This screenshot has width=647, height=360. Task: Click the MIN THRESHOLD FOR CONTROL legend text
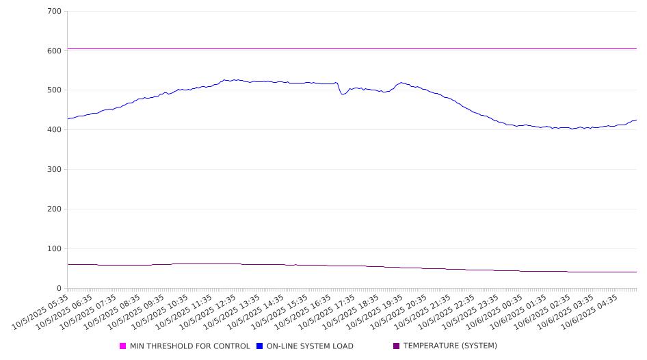[x=189, y=346]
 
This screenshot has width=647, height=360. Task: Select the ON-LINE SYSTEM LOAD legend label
[x=310, y=346]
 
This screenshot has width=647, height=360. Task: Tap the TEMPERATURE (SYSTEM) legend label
[x=450, y=346]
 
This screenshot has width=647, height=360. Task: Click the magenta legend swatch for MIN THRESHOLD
[x=123, y=346]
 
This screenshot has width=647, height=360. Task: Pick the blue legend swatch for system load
[x=260, y=346]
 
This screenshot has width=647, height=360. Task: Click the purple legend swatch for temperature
[x=397, y=346]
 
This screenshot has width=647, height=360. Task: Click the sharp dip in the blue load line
[x=343, y=94]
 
